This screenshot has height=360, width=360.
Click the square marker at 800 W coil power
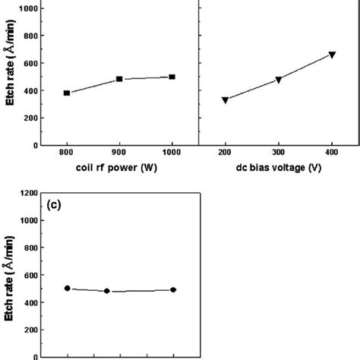point(67,93)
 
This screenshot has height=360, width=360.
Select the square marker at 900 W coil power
point(119,79)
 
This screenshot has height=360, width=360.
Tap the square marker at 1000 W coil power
point(172,77)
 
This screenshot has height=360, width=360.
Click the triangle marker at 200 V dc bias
point(226,100)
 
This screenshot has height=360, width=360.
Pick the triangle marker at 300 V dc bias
point(279,80)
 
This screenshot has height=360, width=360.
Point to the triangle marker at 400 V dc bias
point(332,55)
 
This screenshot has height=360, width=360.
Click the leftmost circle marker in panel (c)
point(67,289)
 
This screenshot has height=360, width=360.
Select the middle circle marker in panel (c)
point(107,291)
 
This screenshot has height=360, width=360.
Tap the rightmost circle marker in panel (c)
point(173,289)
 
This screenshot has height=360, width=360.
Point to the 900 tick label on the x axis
point(119,153)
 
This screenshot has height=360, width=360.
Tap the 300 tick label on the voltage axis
point(279,153)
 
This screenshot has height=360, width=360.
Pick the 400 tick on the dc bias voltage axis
point(332,153)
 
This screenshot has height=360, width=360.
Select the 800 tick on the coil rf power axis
point(67,153)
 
